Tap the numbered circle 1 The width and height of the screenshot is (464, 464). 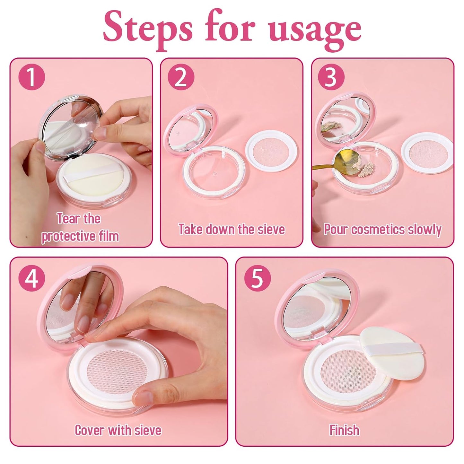tap(31, 77)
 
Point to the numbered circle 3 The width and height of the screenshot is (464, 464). tap(331, 77)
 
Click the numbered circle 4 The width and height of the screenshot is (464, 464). tap(31, 278)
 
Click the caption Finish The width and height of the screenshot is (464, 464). tap(344, 430)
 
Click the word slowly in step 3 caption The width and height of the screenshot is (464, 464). tap(425, 229)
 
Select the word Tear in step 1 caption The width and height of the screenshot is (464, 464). tap(68, 219)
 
